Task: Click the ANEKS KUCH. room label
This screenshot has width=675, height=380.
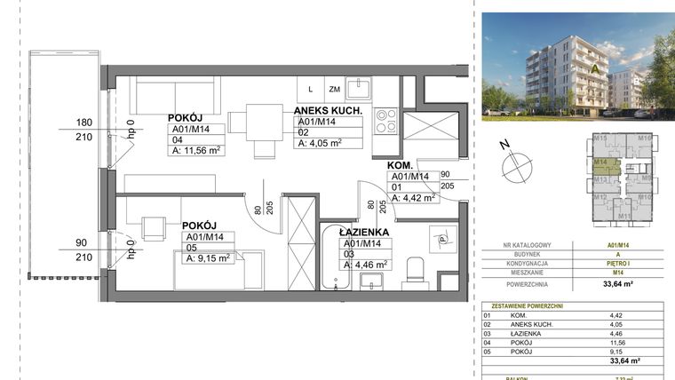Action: click(328, 110)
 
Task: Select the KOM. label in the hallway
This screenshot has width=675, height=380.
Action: click(398, 165)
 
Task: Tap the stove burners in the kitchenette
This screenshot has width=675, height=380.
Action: click(386, 120)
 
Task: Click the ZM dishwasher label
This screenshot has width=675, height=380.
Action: click(335, 90)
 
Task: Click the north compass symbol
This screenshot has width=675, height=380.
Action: click(515, 164)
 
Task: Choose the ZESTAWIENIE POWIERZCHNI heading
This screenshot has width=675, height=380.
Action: click(523, 305)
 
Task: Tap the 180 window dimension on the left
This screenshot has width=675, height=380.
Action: click(85, 123)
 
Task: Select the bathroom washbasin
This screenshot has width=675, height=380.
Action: click(369, 280)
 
